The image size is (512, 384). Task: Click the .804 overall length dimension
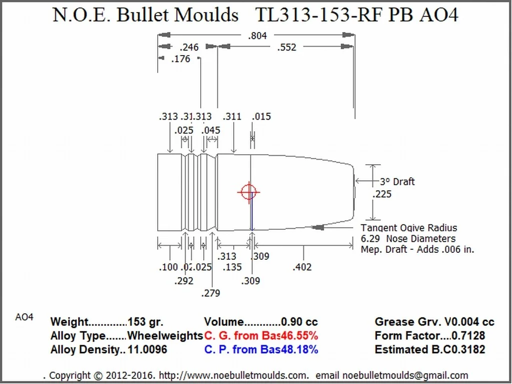pos(257,36)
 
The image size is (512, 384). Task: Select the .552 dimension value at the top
pos(286,48)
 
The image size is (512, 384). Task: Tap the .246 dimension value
pos(189,48)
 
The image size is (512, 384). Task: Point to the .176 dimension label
pos(181,59)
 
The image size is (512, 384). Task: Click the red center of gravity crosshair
pos(249,192)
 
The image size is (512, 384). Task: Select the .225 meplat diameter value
pos(382,194)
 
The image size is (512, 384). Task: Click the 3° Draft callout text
pos(397,182)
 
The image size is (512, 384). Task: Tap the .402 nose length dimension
pos(302,267)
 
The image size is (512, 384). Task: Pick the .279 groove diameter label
pos(210,293)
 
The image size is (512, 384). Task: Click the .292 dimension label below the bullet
pos(184,281)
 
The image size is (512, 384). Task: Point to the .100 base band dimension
pos(168,267)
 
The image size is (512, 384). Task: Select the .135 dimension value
pos(232,267)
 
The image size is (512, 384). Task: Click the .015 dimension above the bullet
pos(261,117)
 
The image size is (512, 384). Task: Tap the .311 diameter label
pos(232,117)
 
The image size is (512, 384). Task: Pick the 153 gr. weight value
pos(145,322)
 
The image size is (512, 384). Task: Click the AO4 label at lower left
pos(24,317)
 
